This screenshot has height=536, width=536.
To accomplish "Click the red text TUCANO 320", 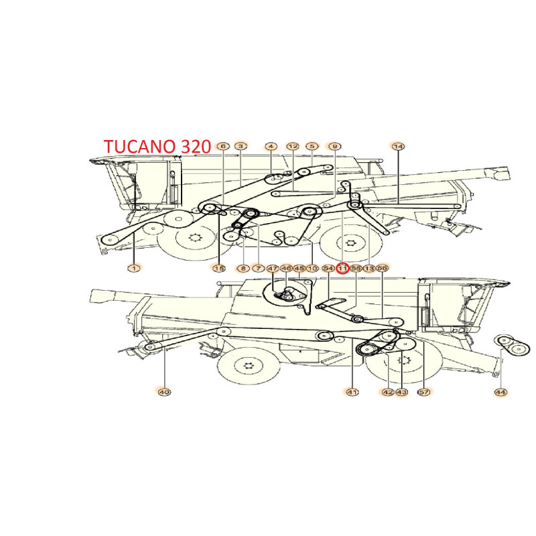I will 157,146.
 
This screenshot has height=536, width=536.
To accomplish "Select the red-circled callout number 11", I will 342,268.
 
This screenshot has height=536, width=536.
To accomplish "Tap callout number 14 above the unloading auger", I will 398,146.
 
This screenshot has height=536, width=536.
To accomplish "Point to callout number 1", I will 133,267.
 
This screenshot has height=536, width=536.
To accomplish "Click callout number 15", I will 218,268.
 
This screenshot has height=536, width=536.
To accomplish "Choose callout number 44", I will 500,392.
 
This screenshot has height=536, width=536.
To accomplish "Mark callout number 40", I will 163,392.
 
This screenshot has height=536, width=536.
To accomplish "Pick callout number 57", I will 423,392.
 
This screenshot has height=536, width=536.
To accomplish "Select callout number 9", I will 334,146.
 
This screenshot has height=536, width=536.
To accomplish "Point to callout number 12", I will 292,146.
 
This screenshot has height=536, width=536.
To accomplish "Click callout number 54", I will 328,268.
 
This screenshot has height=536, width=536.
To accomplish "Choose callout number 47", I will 273,268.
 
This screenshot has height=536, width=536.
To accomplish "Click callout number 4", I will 270,146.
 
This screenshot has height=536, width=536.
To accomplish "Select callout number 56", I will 383,268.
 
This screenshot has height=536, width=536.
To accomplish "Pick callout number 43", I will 401,392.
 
